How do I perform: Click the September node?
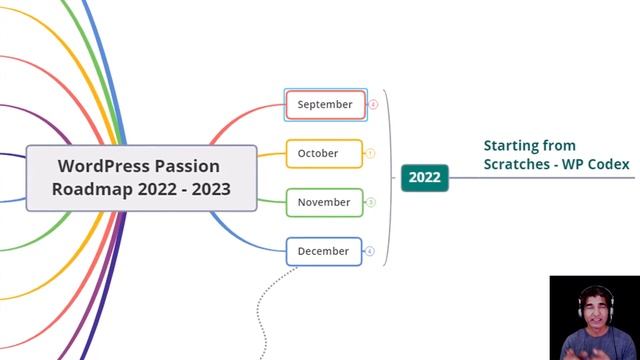(325, 104)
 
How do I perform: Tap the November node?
(324, 202)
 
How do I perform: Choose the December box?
(324, 251)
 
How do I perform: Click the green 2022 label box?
(424, 177)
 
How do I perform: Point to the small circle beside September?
(373, 104)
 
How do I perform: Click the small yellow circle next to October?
(370, 153)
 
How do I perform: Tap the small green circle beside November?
(370, 202)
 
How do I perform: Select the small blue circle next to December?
(370, 251)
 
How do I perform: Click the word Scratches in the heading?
(520, 164)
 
